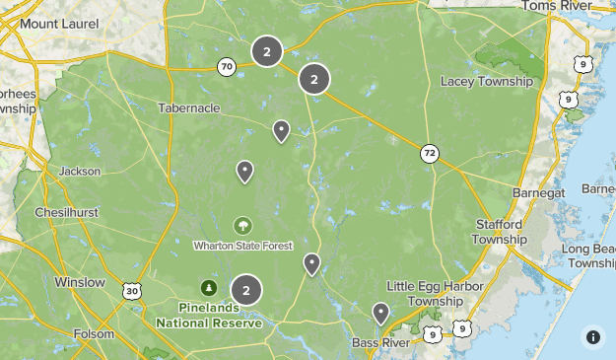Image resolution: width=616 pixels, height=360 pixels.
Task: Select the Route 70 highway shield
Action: click(x=227, y=67)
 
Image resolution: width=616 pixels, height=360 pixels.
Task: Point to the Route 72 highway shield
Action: click(x=429, y=153)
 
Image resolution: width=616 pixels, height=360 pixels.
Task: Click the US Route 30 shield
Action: click(x=132, y=290)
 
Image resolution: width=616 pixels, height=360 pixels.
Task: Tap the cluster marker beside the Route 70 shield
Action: click(x=266, y=51)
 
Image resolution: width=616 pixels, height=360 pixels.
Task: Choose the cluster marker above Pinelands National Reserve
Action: click(x=245, y=290)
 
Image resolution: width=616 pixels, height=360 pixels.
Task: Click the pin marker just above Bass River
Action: click(x=380, y=314)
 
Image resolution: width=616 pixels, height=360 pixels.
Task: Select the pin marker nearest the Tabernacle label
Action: click(x=281, y=130)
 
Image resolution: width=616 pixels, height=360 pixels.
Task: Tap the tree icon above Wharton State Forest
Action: click(x=242, y=226)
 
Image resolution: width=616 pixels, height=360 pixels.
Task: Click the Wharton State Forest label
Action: click(x=242, y=245)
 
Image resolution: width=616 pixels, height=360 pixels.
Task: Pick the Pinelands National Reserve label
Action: click(x=209, y=315)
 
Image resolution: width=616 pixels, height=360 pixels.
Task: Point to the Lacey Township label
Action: click(x=487, y=81)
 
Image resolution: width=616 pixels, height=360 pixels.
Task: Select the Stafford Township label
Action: click(x=500, y=232)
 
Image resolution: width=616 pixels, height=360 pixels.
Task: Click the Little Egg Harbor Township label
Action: click(x=436, y=292)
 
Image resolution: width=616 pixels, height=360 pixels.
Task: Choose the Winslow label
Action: click(x=80, y=282)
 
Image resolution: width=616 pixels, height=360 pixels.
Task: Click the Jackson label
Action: click(x=79, y=171)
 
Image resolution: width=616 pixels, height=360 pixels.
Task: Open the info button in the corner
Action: click(x=592, y=336)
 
